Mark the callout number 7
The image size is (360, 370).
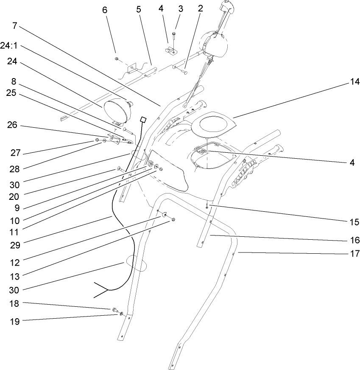click(15, 25)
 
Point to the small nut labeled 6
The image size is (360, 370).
click(116, 58)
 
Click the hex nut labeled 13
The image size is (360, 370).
click(173, 220)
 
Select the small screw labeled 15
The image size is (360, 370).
click(207, 206)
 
